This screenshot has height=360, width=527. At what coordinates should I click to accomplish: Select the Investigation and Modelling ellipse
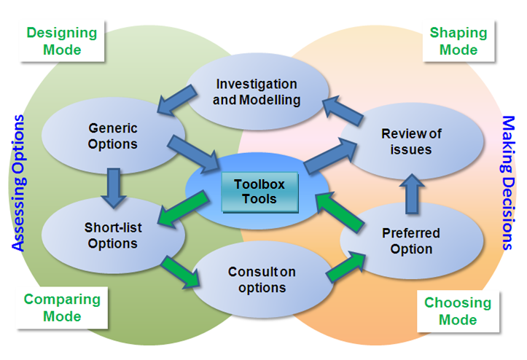[257, 93]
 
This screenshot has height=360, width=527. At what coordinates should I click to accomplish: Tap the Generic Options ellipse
[112, 136]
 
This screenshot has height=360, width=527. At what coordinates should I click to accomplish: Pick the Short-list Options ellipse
[112, 235]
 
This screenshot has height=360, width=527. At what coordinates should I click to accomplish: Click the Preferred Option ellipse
[411, 241]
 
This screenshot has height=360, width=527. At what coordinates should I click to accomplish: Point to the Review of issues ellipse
[411, 141]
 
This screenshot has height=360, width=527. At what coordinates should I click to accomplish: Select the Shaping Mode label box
[458, 41]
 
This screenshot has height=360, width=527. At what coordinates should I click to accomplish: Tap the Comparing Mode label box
[61, 308]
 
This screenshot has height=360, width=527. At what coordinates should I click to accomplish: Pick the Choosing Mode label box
[458, 310]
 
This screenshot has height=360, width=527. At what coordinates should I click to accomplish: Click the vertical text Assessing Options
[18, 182]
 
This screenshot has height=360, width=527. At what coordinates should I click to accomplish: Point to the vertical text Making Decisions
[508, 182]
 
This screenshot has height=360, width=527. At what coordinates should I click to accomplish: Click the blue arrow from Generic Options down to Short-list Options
[112, 185]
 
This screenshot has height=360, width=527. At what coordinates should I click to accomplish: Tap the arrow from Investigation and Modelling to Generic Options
[177, 98]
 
